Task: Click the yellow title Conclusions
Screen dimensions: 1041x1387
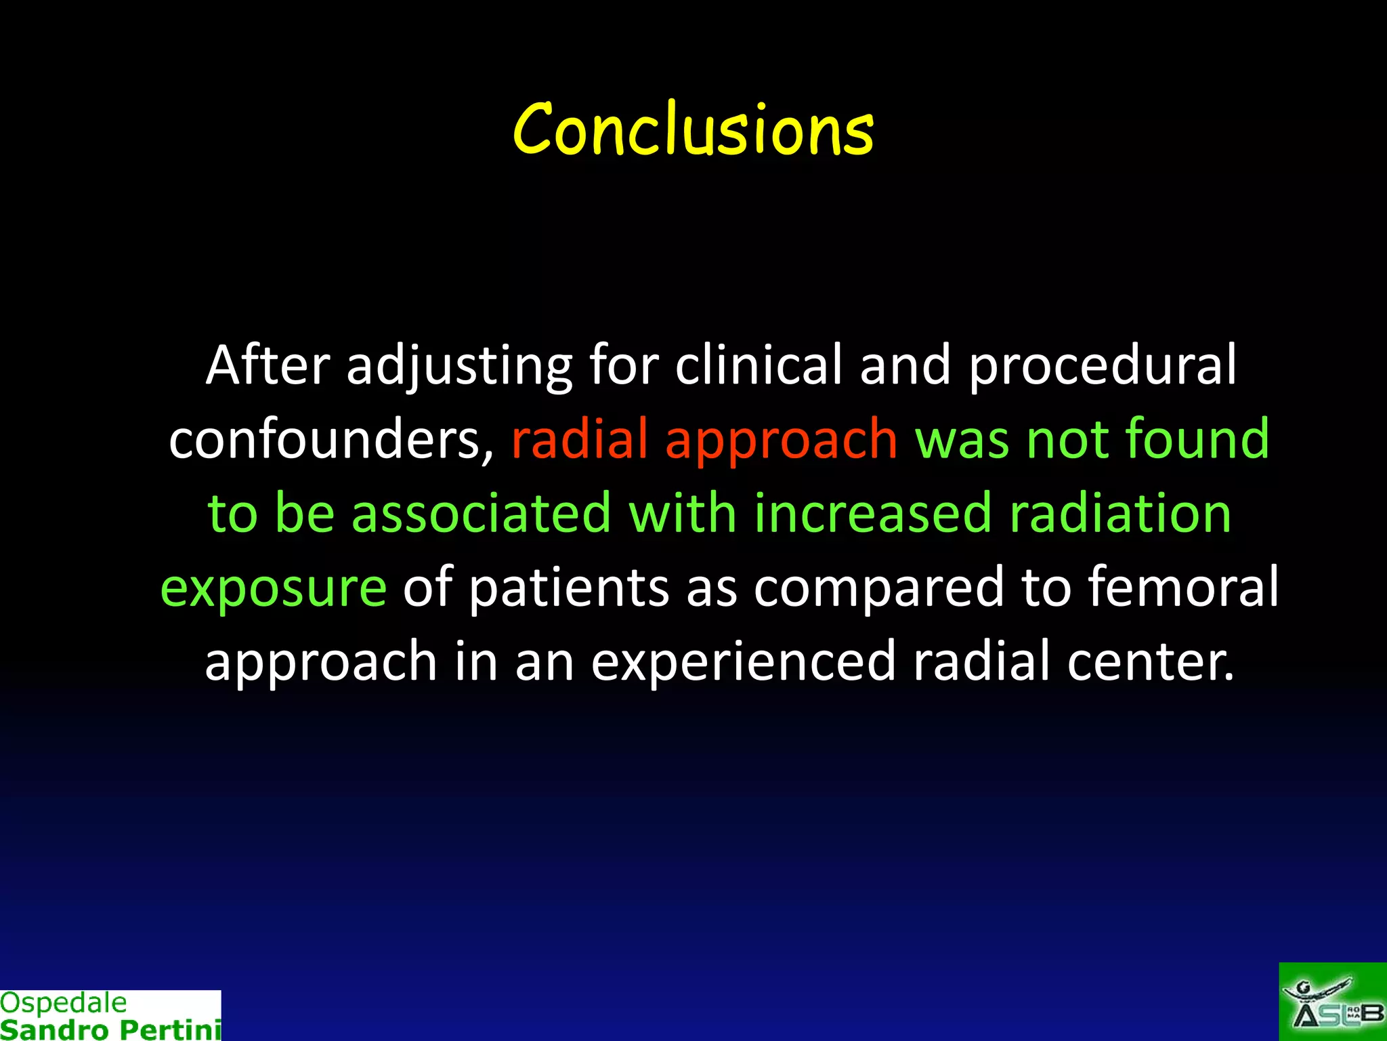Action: pyautogui.click(x=693, y=129)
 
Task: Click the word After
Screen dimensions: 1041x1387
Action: pyautogui.click(x=268, y=366)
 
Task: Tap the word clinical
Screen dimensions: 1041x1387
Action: pyautogui.click(x=759, y=366)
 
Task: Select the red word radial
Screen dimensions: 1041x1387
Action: pyautogui.click(x=580, y=439)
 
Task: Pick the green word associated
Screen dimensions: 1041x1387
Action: pyautogui.click(x=482, y=513)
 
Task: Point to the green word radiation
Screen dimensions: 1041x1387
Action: pyautogui.click(x=1120, y=513)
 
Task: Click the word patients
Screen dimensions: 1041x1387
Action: pyautogui.click(x=569, y=587)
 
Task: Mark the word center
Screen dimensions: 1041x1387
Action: pyautogui.click(x=1151, y=661)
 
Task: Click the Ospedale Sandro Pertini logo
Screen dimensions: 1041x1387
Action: pyautogui.click(x=110, y=1015)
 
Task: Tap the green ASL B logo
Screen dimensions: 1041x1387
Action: pyautogui.click(x=1332, y=1002)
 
